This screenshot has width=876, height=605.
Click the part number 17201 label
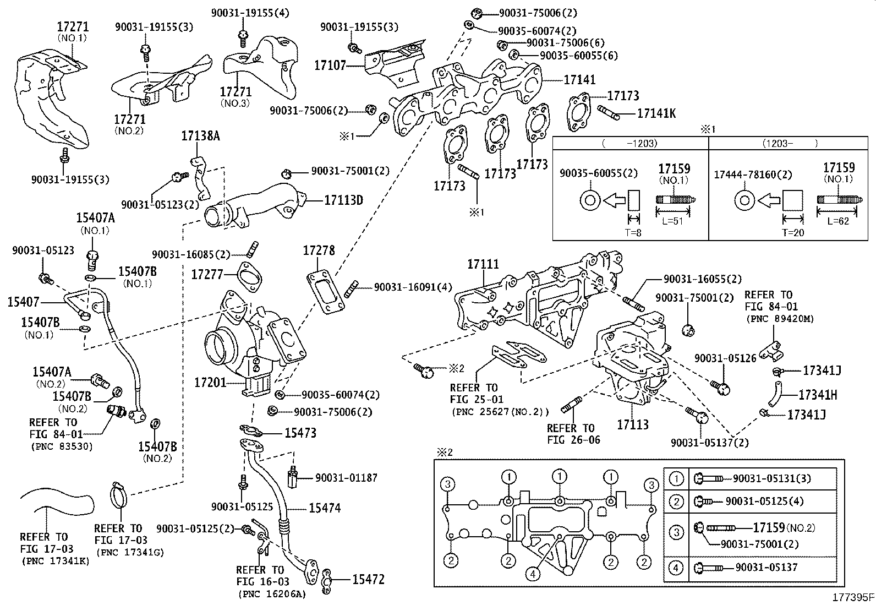point(210,381)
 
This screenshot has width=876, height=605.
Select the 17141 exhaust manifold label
point(579,80)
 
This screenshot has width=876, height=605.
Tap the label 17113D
point(343,200)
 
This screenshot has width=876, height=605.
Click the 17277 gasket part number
point(207,274)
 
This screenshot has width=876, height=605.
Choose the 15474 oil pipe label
point(324,508)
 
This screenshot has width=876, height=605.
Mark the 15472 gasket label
point(368,579)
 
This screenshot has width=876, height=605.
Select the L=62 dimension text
point(839,221)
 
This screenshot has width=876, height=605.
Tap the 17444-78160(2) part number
point(752,175)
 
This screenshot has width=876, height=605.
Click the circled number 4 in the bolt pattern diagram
point(532,574)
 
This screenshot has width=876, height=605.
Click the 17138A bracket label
point(200,135)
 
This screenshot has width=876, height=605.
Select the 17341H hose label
point(818,395)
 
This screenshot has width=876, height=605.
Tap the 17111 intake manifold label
point(483,264)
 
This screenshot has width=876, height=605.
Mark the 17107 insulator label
point(330,65)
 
